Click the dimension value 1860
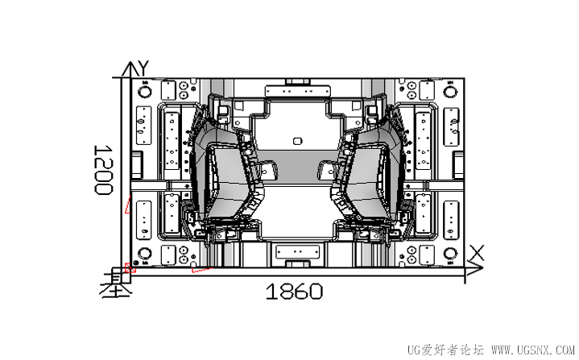tap(294, 292)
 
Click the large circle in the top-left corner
tap(144, 91)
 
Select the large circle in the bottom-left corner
tap(144, 256)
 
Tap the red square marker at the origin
tap(131, 267)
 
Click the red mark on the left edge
tap(127, 206)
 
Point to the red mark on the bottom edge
tap(201, 269)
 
